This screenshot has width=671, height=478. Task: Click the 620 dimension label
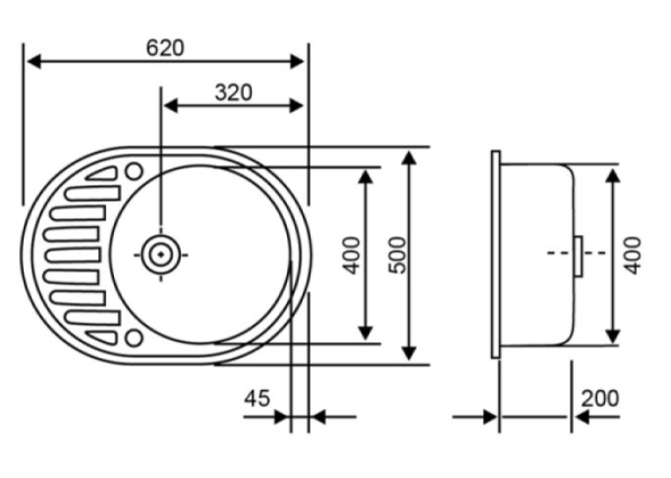[x=165, y=48]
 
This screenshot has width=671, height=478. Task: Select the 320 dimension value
[x=233, y=93]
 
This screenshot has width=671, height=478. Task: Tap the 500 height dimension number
[x=398, y=255]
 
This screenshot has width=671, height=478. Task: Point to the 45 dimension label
[x=257, y=398]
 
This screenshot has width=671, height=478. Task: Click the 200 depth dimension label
[x=600, y=398]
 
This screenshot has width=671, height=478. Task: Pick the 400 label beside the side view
[x=632, y=255]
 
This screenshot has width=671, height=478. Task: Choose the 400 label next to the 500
[x=352, y=255]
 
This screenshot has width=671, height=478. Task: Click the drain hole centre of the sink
[x=161, y=255]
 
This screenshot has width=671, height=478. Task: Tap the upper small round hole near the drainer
[x=134, y=172]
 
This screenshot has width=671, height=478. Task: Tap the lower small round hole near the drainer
[x=134, y=338]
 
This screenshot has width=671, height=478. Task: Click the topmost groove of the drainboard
[x=103, y=174]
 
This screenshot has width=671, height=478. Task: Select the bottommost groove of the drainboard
[x=103, y=337]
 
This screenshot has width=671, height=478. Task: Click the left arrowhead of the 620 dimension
[x=34, y=61]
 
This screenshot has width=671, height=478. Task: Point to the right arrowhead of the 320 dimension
[x=296, y=105]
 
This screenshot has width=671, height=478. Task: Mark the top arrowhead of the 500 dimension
[x=410, y=158]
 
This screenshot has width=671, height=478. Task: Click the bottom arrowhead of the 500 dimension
[x=410, y=353]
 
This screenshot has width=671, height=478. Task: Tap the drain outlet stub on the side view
[x=578, y=256]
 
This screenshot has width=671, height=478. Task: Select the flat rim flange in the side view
[x=496, y=254]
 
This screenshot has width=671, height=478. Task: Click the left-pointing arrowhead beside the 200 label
[x=582, y=417]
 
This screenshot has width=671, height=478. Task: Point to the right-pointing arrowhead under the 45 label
[x=281, y=417]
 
